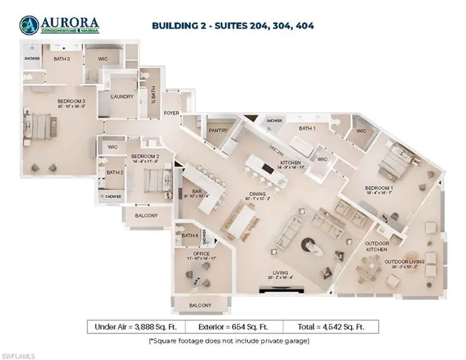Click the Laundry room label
click(121, 96)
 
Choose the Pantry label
click(218, 130)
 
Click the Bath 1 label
click(308, 128)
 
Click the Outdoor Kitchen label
click(377, 247)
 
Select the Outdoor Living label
click(405, 262)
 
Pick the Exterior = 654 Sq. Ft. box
click(234, 326)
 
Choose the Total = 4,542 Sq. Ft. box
click(330, 326)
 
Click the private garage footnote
click(233, 341)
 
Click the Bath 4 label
click(190, 235)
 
